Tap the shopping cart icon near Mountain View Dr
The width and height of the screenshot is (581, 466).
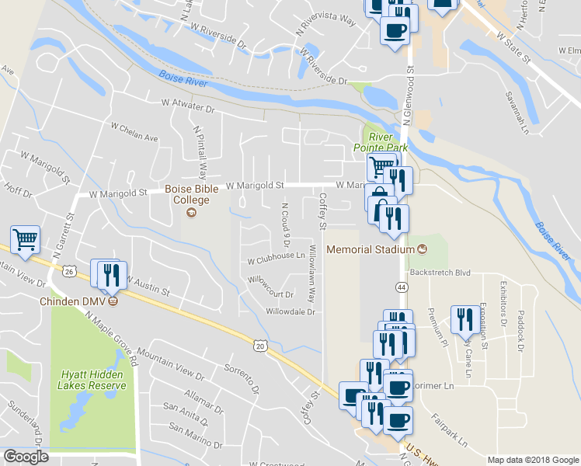25,241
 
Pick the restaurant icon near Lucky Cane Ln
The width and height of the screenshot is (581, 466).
464,319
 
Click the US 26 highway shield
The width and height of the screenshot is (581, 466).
70,271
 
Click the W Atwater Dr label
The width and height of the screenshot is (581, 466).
187,103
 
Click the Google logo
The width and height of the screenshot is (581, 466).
26,457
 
